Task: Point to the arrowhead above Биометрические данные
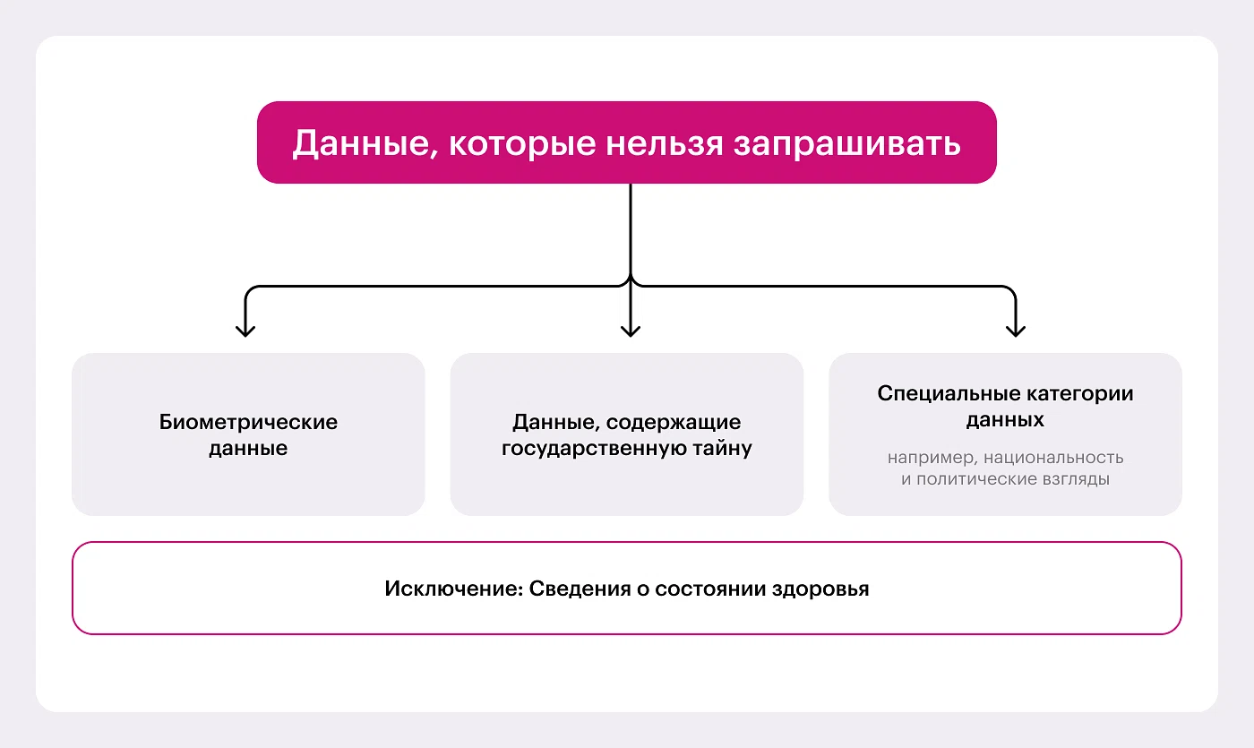245,330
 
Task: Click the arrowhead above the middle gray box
631,330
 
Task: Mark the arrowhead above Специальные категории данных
1015,330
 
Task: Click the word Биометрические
248,422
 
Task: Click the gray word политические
982,479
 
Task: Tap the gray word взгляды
1079,479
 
